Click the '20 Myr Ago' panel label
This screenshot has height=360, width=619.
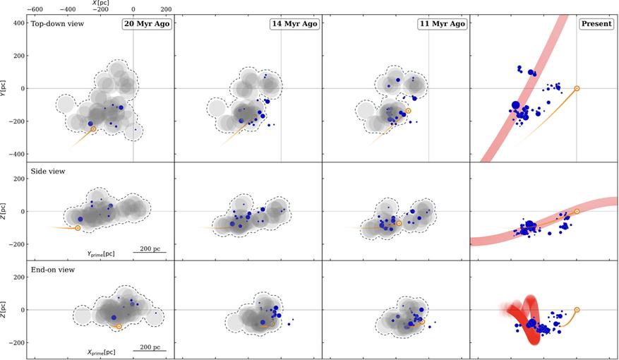click(146, 24)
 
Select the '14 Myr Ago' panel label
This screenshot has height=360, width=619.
click(294, 24)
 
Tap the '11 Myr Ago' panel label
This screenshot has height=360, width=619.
click(442, 24)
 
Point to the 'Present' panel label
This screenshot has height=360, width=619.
click(596, 24)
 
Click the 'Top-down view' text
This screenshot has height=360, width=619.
click(57, 23)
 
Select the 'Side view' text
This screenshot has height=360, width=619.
click(47, 172)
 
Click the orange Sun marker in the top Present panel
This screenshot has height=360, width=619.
click(577, 88)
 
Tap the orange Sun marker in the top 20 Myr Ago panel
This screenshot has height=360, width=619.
click(93, 128)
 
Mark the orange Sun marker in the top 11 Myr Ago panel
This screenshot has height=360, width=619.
click(408, 111)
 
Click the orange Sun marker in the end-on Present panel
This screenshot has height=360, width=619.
click(577, 309)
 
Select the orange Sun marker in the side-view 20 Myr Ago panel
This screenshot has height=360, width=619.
click(78, 228)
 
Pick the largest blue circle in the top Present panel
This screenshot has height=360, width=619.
click(515, 106)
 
